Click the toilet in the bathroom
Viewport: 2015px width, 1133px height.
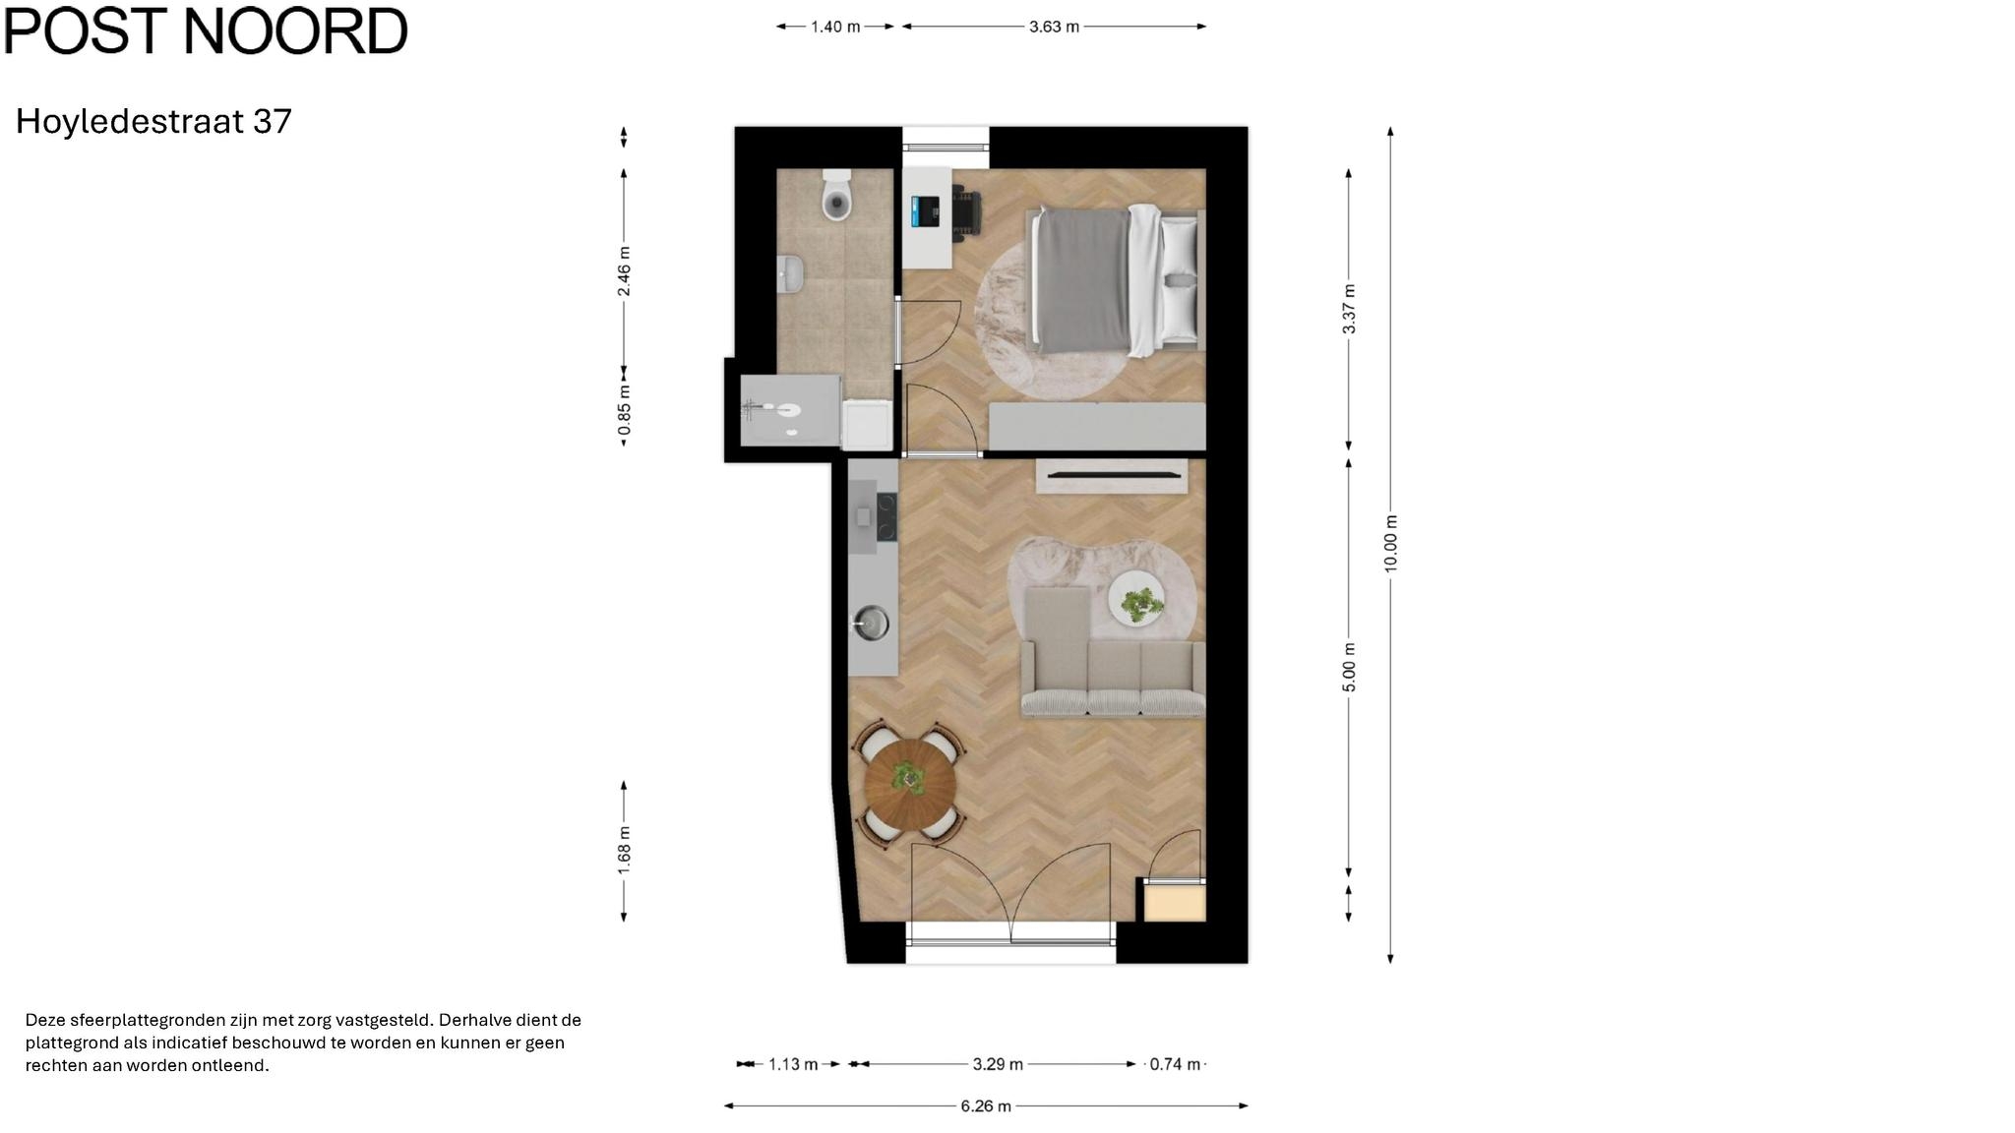coord(836,195)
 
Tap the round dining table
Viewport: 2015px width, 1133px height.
coord(910,783)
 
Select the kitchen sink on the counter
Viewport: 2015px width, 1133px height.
coord(871,623)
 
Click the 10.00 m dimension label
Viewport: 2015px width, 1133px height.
coord(1390,544)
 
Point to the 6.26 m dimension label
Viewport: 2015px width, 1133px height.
coord(986,1106)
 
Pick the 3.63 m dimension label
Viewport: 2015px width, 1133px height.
coord(1054,27)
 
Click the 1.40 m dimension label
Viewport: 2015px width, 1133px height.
coord(835,27)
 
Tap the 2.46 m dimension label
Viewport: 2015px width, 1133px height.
coord(624,271)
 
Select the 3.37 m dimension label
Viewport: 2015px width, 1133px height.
coord(1349,309)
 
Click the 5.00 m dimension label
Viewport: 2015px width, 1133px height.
coord(1349,668)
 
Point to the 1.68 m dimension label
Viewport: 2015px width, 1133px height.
coord(624,849)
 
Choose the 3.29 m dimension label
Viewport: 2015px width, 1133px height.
coord(998,1064)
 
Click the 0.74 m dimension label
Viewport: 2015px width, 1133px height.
coord(1175,1064)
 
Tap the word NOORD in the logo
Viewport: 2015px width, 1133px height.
coord(295,30)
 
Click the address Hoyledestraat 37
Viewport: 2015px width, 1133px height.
coord(153,121)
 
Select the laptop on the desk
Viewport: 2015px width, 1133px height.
coord(925,211)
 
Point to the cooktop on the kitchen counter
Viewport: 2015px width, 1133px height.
coord(886,517)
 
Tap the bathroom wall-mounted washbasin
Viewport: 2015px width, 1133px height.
coord(789,274)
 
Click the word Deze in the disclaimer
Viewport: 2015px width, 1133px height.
coord(45,1020)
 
